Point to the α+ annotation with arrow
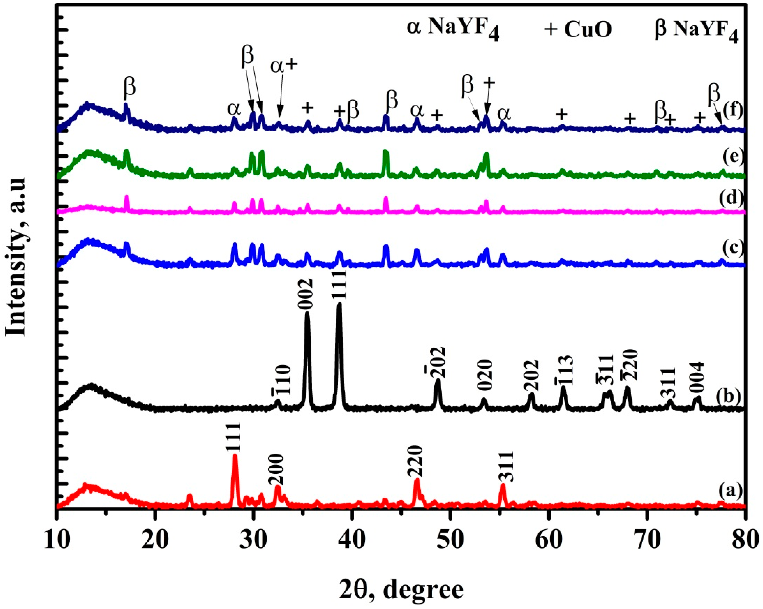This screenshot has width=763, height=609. coord(284,66)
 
